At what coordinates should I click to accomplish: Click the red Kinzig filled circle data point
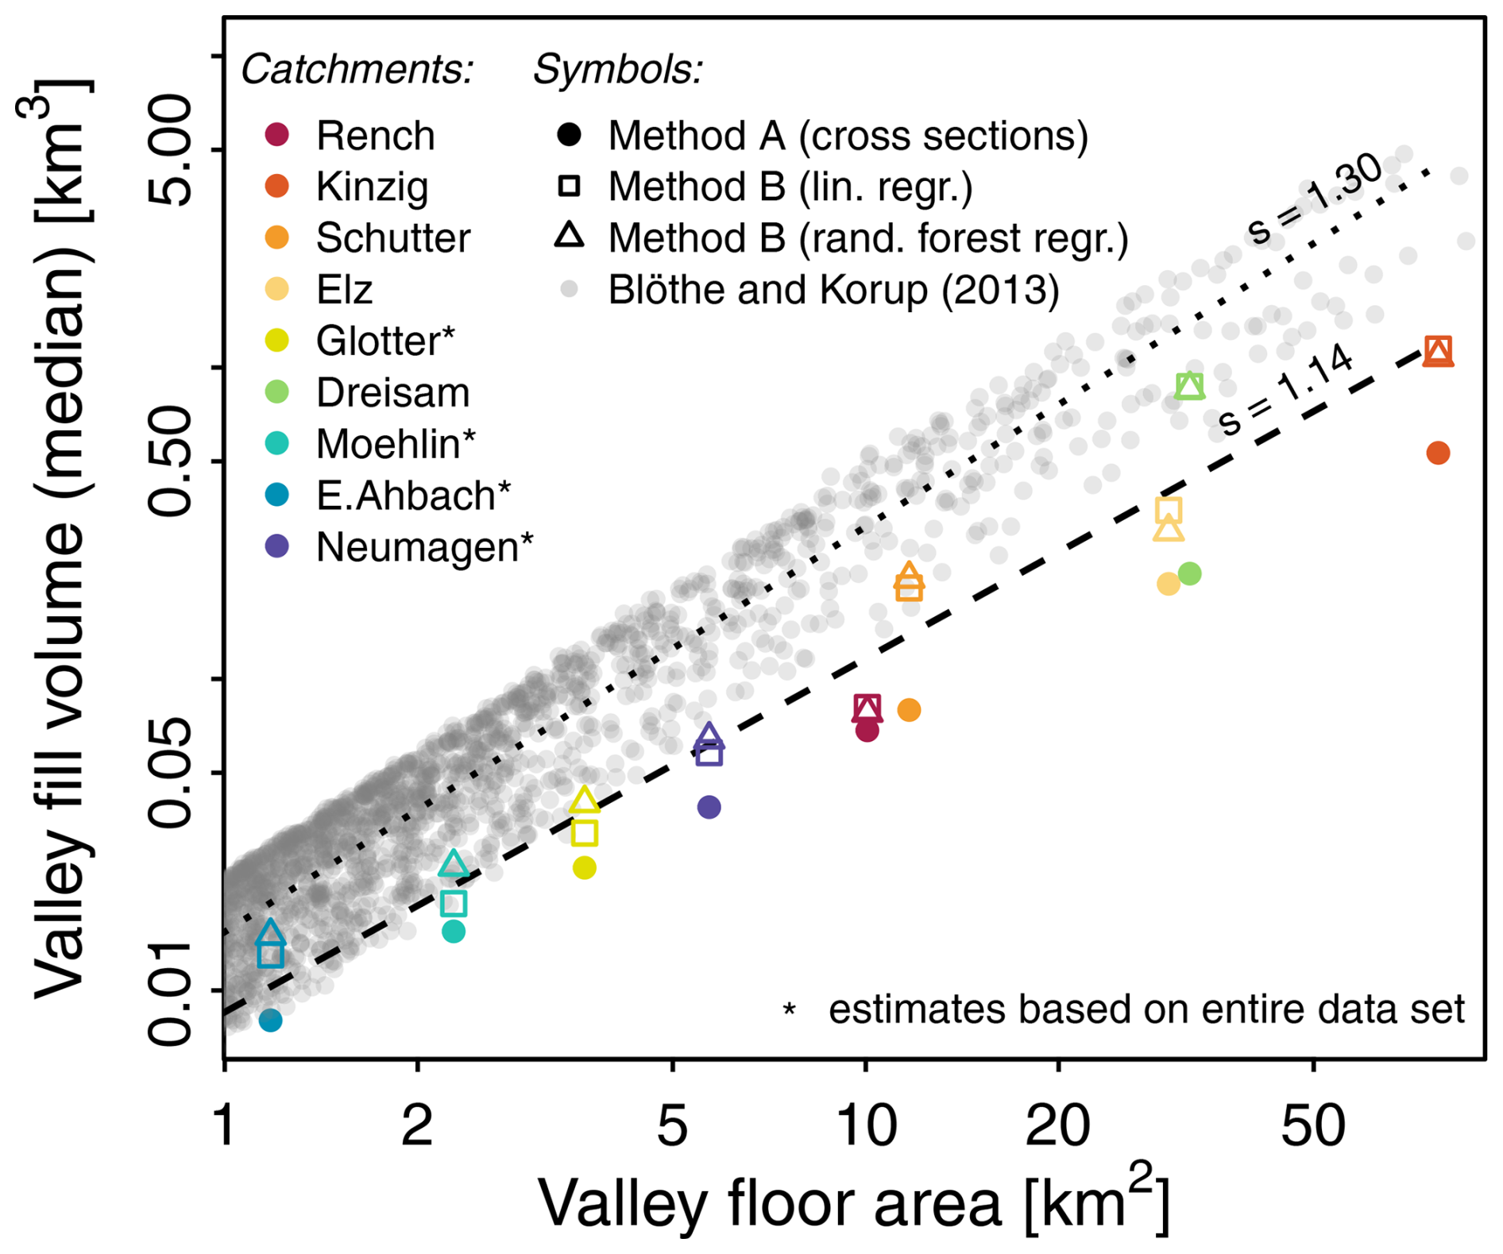tap(1438, 453)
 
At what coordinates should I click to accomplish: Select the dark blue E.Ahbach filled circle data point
tap(271, 1021)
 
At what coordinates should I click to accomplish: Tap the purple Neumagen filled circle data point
tap(709, 808)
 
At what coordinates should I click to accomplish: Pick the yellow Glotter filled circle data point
tap(585, 868)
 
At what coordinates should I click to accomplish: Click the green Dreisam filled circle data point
tap(1189, 573)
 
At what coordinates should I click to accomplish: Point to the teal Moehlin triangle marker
tap(454, 864)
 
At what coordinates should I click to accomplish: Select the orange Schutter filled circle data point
tap(910, 710)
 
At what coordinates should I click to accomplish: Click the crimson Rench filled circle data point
tap(867, 731)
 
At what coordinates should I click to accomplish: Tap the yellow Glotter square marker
tap(585, 833)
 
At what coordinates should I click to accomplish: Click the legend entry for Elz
tap(344, 289)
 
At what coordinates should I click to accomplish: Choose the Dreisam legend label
tap(392, 392)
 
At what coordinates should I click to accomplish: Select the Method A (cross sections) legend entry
tap(848, 136)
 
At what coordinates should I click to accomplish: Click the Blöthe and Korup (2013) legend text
tap(833, 290)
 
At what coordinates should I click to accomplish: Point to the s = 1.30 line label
tap(1315, 199)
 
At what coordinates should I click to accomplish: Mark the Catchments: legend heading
tap(357, 70)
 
